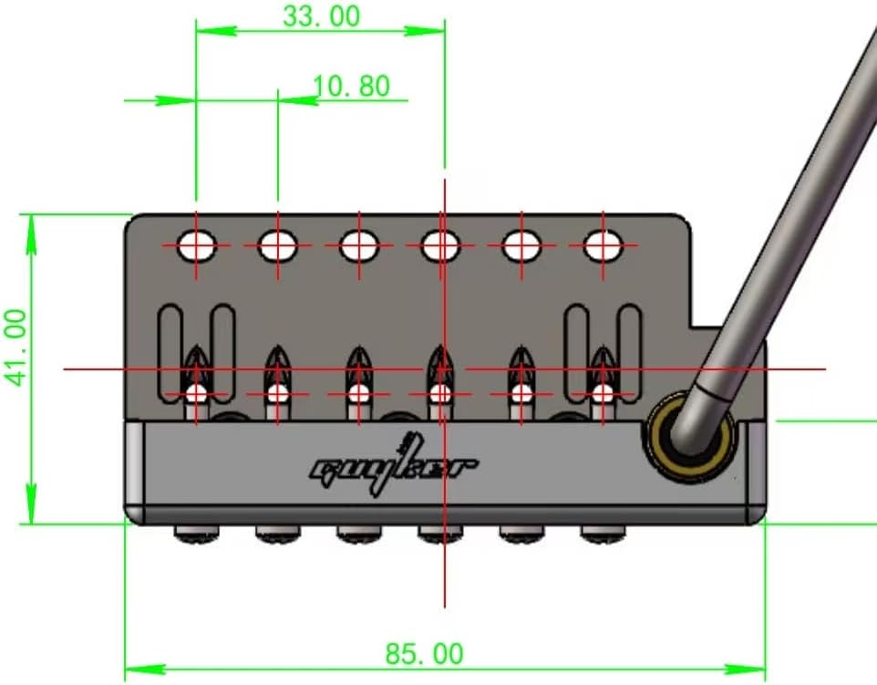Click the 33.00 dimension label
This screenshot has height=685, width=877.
(x=321, y=16)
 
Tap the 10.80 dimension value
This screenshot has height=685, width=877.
(x=351, y=86)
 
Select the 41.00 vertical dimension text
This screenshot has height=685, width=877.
(x=17, y=347)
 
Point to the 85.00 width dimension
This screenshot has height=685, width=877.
(x=424, y=653)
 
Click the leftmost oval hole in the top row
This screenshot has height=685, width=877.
(x=197, y=244)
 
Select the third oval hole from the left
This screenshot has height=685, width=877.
(x=359, y=244)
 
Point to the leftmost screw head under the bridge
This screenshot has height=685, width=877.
(x=198, y=533)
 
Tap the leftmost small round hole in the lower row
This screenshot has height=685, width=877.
(x=197, y=394)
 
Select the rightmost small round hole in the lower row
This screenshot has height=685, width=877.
(x=603, y=394)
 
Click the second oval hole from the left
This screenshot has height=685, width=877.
(x=277, y=244)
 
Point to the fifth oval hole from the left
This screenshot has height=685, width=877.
(x=521, y=244)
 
